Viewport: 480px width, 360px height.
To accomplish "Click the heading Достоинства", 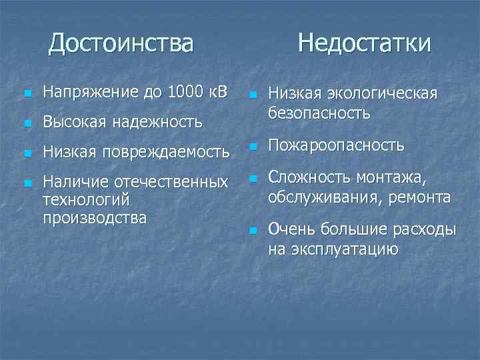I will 121,43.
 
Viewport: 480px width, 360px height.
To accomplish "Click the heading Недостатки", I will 364,43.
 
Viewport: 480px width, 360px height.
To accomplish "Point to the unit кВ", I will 218,92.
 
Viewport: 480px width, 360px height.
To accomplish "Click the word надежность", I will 157,122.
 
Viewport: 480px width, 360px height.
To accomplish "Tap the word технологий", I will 85,200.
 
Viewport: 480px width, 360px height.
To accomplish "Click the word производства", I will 94,217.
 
